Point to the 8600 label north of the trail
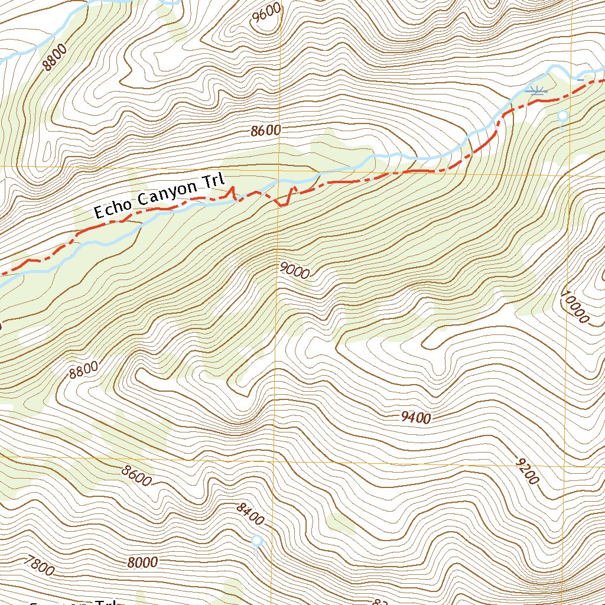[265, 131]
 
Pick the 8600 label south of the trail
[137, 476]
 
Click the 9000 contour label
[295, 271]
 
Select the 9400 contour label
[415, 418]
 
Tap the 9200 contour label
[527, 471]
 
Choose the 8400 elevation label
[249, 514]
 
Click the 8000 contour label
[142, 562]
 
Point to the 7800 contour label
[40, 566]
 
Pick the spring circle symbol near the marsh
[562, 115]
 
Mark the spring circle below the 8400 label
[256, 540]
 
